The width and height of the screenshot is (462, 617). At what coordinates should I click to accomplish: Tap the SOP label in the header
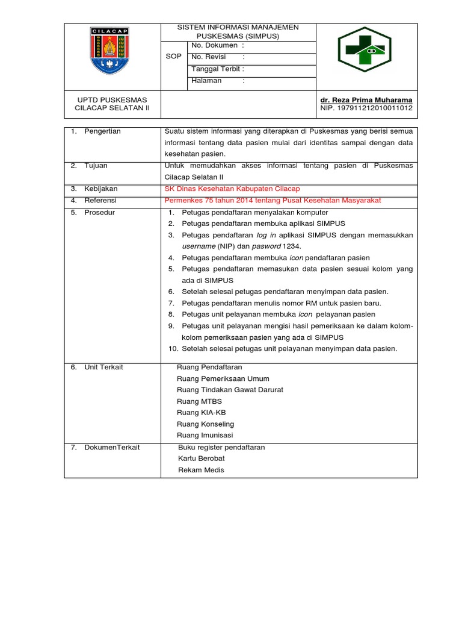[x=174, y=57]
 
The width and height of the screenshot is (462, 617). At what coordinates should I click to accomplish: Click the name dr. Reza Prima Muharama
[x=367, y=99]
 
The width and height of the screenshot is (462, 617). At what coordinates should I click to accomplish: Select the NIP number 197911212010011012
[x=367, y=108]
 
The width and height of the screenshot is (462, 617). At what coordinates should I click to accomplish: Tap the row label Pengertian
[x=102, y=131]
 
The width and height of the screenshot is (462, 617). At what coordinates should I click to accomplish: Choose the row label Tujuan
[x=96, y=165]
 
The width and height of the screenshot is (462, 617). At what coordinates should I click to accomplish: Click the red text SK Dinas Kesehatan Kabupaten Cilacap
[x=232, y=189]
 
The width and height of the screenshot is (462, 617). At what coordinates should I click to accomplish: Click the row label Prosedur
[x=99, y=213]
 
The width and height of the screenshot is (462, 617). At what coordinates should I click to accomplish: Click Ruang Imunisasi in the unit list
[x=205, y=435]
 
